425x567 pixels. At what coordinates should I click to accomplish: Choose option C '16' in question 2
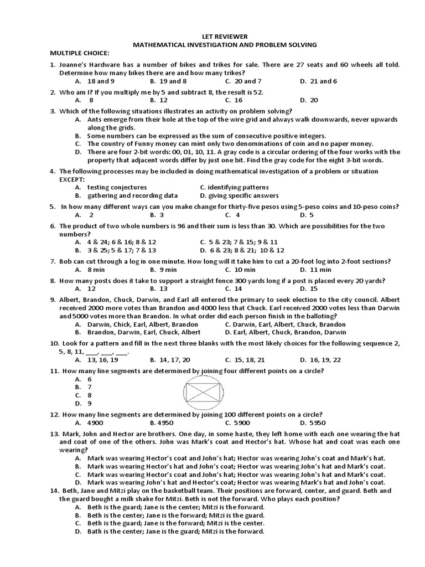click(x=238, y=100)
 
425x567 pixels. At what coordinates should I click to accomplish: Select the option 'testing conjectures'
click(x=117, y=187)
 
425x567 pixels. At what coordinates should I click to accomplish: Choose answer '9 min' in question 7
click(x=168, y=270)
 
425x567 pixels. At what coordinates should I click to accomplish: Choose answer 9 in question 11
click(x=89, y=404)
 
